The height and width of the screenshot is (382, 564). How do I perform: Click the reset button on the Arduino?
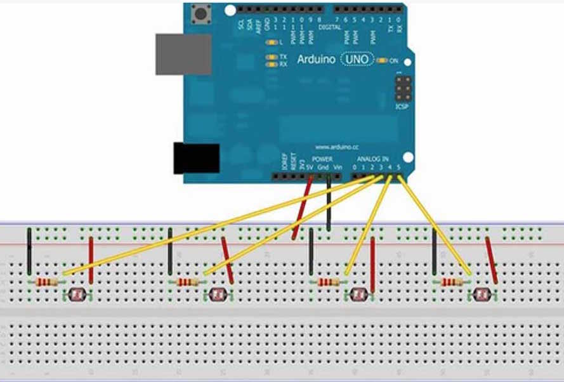tap(203, 13)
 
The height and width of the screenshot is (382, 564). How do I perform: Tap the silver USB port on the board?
tap(183, 54)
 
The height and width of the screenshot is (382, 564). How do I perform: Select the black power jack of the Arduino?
tap(196, 158)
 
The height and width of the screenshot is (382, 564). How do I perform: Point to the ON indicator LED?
tap(381, 60)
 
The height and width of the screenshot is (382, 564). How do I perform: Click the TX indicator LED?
tap(272, 57)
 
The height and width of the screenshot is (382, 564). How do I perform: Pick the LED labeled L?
tap(272, 43)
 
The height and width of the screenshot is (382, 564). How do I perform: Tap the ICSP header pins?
tap(403, 89)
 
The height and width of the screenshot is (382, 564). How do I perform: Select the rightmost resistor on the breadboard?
tap(451, 282)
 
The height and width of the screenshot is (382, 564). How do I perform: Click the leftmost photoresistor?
tap(78, 294)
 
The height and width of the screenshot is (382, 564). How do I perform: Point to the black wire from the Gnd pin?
tap(328, 203)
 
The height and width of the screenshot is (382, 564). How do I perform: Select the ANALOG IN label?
tap(372, 158)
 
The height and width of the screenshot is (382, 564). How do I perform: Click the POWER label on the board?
tap(322, 158)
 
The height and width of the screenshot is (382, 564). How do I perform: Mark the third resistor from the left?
tap(328, 282)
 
